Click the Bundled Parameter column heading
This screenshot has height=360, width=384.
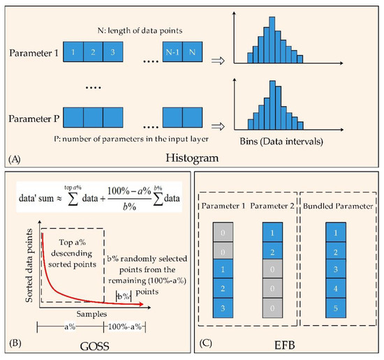tap(336, 207)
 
